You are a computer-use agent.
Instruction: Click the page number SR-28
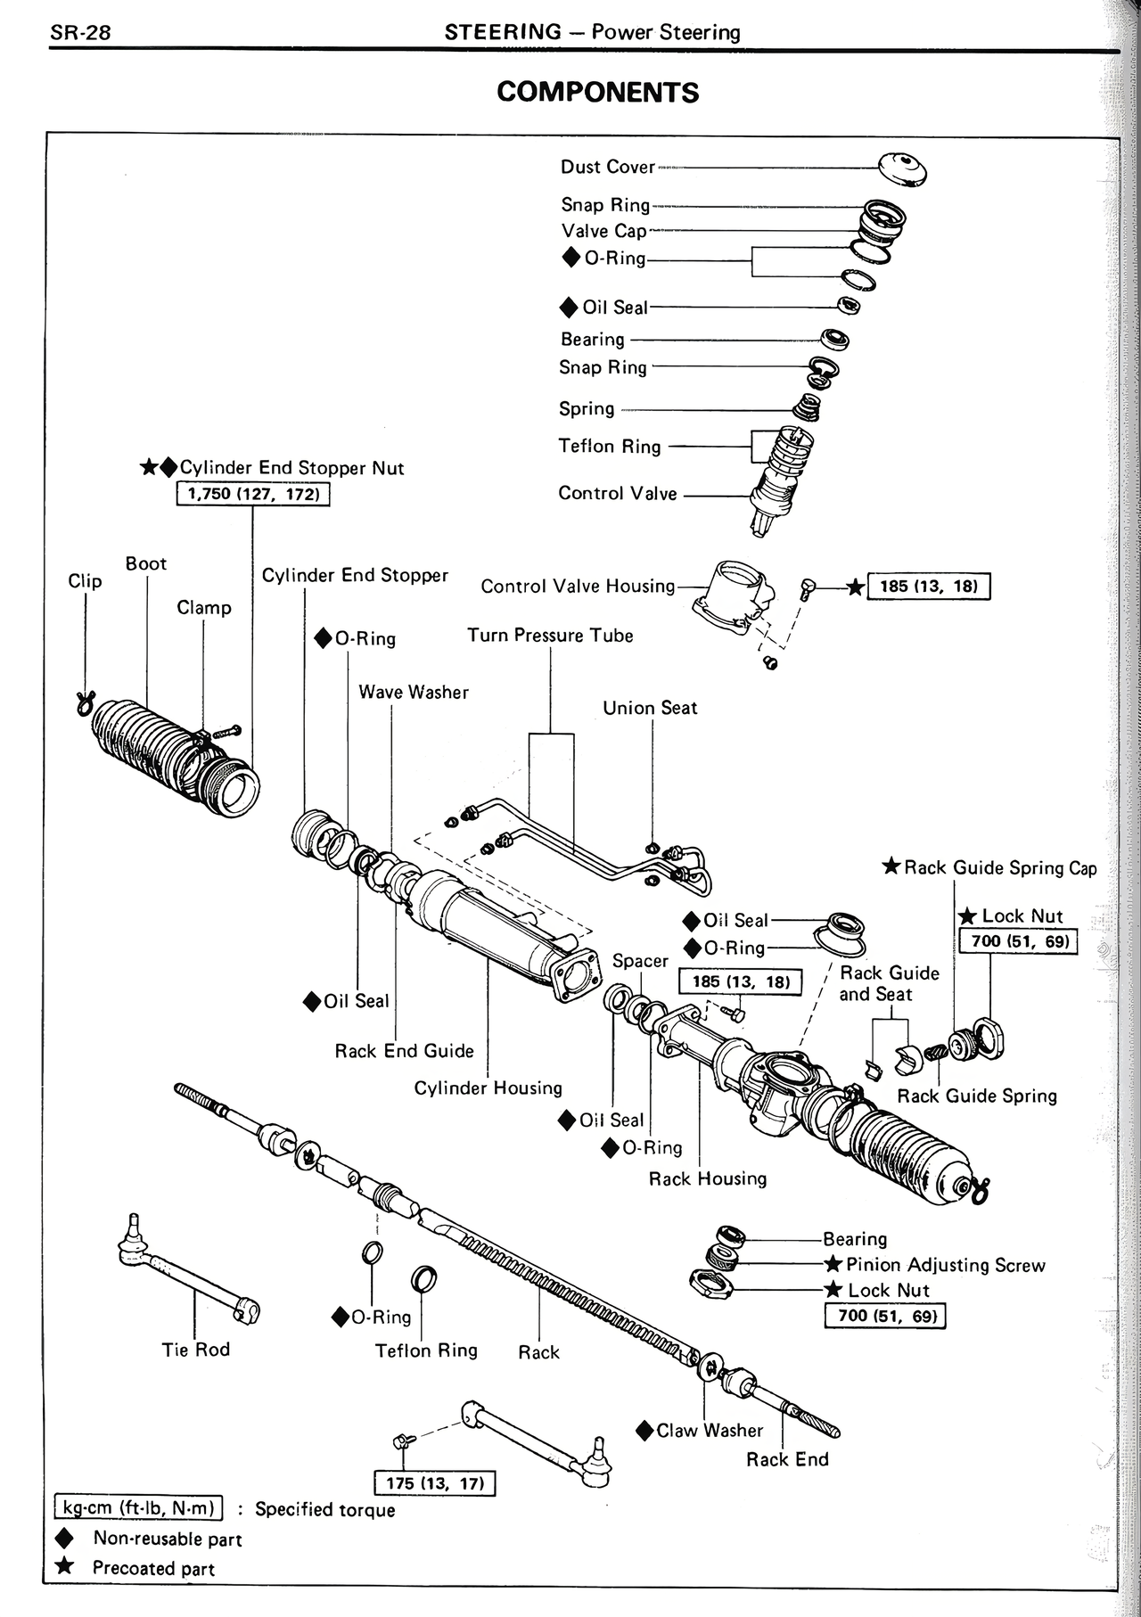pos(80,33)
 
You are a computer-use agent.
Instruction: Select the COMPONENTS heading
pos(597,92)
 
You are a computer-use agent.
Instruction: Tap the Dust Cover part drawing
pos(902,168)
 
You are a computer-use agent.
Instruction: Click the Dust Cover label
pos(607,167)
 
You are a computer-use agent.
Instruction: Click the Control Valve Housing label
pos(578,586)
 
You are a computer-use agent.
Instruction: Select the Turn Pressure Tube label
pos(550,636)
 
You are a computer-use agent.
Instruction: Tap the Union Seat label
pos(650,708)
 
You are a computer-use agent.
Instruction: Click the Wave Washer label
pos(413,692)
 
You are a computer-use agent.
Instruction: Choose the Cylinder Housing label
pos(488,1088)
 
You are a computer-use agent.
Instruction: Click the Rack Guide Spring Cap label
pos(999,867)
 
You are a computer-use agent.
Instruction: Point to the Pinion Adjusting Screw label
pos(945,1264)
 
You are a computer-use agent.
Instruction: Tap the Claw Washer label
pos(710,1430)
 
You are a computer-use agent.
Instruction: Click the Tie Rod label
pos(195,1349)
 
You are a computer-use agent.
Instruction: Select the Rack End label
pos(787,1459)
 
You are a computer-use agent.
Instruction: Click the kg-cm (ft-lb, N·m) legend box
pos(138,1507)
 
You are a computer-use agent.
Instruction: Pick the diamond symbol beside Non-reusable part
pos(64,1539)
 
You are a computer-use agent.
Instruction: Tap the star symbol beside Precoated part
pos(64,1566)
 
